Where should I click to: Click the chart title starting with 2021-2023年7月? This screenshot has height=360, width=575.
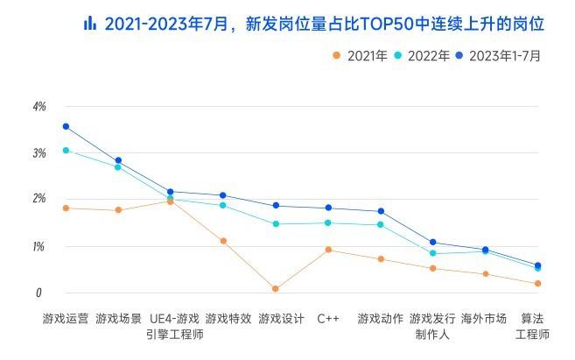click(x=324, y=24)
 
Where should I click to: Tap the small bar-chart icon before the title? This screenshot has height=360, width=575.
click(x=89, y=24)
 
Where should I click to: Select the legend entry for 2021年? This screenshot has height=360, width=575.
click(x=361, y=55)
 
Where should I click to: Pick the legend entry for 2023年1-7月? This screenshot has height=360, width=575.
click(x=499, y=55)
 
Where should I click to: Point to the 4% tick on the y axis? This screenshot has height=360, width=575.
click(x=39, y=107)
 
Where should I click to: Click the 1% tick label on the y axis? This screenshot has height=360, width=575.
click(x=39, y=247)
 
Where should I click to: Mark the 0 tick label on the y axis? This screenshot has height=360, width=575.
click(x=39, y=293)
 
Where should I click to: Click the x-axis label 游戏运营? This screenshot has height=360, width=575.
click(x=66, y=318)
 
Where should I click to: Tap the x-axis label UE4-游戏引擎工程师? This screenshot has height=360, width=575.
click(x=172, y=326)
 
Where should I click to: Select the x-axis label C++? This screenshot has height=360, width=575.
click(x=328, y=318)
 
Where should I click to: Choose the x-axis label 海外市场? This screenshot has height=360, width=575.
click(x=484, y=318)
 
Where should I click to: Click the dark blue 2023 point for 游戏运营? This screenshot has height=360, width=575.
click(x=66, y=126)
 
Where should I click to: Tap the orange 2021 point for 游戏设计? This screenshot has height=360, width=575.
click(x=275, y=288)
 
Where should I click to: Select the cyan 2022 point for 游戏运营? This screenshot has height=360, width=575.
click(x=66, y=150)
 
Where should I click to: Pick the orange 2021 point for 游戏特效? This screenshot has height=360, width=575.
click(x=223, y=240)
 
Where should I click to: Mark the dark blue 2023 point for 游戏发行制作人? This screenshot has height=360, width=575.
click(x=432, y=242)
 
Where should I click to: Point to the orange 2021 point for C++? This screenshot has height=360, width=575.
click(x=328, y=250)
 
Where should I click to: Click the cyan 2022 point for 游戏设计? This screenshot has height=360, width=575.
click(x=275, y=223)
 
